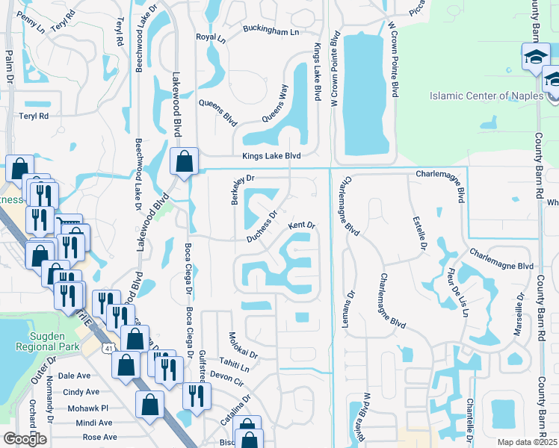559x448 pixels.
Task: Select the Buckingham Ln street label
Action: (271, 31)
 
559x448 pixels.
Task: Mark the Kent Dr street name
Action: (303, 225)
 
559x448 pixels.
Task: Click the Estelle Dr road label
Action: (418, 233)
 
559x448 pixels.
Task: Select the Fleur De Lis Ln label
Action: (455, 292)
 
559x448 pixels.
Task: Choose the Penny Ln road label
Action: (30, 16)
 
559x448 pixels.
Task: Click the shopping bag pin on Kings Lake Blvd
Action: (183, 161)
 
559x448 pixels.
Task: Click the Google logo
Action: (25, 439)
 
